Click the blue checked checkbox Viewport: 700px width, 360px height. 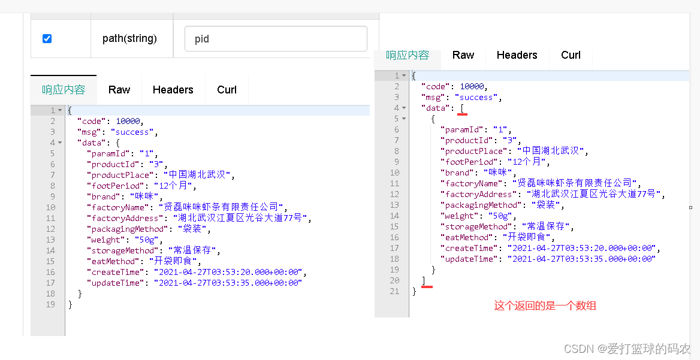tap(47, 39)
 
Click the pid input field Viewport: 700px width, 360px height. tap(276, 39)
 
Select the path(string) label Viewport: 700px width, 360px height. tap(129, 39)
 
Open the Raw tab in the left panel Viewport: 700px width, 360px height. tap(119, 90)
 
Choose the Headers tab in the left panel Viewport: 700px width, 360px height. tap(173, 90)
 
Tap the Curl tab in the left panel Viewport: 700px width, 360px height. tap(227, 90)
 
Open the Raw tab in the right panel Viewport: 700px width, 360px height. tap(463, 55)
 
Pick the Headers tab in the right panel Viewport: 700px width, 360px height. tap(517, 55)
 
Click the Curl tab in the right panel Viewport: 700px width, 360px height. tap(571, 55)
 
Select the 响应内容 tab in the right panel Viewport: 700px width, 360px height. tap(408, 55)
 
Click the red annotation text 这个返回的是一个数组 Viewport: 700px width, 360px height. tap(545, 305)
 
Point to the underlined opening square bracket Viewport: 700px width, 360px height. tap(462, 108)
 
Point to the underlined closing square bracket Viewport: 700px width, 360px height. tap(424, 280)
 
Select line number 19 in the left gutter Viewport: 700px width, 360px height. tap(50, 304)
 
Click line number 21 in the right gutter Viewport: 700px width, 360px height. tap(394, 291)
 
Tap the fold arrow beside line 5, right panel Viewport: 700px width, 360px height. tap(405, 119)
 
